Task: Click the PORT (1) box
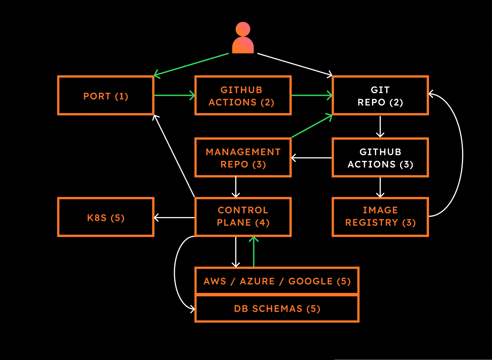[x=106, y=96]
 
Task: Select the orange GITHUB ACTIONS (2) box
[x=243, y=96]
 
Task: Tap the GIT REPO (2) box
[x=380, y=96]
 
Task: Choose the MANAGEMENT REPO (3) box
[x=243, y=158]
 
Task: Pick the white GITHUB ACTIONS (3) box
[x=380, y=158]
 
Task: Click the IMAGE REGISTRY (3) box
[x=380, y=217]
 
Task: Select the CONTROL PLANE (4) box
[x=243, y=217]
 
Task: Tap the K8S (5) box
[x=106, y=217]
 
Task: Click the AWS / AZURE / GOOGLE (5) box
[x=277, y=281]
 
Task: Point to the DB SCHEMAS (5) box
[x=277, y=309]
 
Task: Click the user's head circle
[x=243, y=29]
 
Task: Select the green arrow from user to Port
[x=191, y=64]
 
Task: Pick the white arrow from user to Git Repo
[x=295, y=64]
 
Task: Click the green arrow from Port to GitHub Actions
[x=174, y=95]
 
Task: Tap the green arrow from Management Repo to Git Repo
[x=312, y=126]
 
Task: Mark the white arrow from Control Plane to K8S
[x=174, y=217]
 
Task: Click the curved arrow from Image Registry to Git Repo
[x=462, y=155]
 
